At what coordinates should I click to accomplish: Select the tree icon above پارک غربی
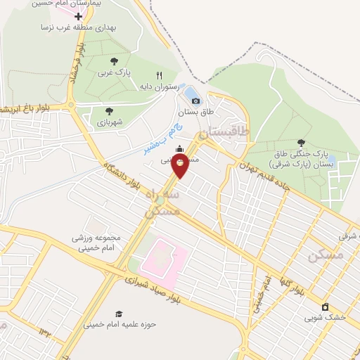(114, 62)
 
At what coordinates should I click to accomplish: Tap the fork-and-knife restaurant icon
(160, 75)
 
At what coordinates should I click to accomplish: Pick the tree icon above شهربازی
(109, 111)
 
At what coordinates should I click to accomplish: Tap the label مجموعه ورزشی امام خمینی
(96, 243)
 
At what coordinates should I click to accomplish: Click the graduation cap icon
(119, 313)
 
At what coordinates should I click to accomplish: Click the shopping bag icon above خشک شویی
(325, 307)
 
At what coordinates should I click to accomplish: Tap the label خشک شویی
(325, 318)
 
